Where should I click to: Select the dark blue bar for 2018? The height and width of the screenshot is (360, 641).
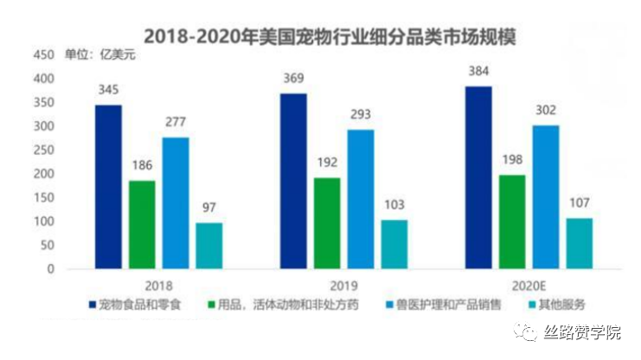coord(109,186)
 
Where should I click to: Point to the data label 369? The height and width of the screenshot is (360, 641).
coord(294,79)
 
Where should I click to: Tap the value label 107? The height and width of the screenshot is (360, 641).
coord(579,203)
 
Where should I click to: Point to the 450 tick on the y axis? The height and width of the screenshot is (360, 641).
coord(42,55)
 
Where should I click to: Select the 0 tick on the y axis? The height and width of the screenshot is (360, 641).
coord(50,268)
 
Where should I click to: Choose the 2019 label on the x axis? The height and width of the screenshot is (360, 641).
coord(344,285)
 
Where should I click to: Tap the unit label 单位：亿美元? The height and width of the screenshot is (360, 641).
coord(100,55)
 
